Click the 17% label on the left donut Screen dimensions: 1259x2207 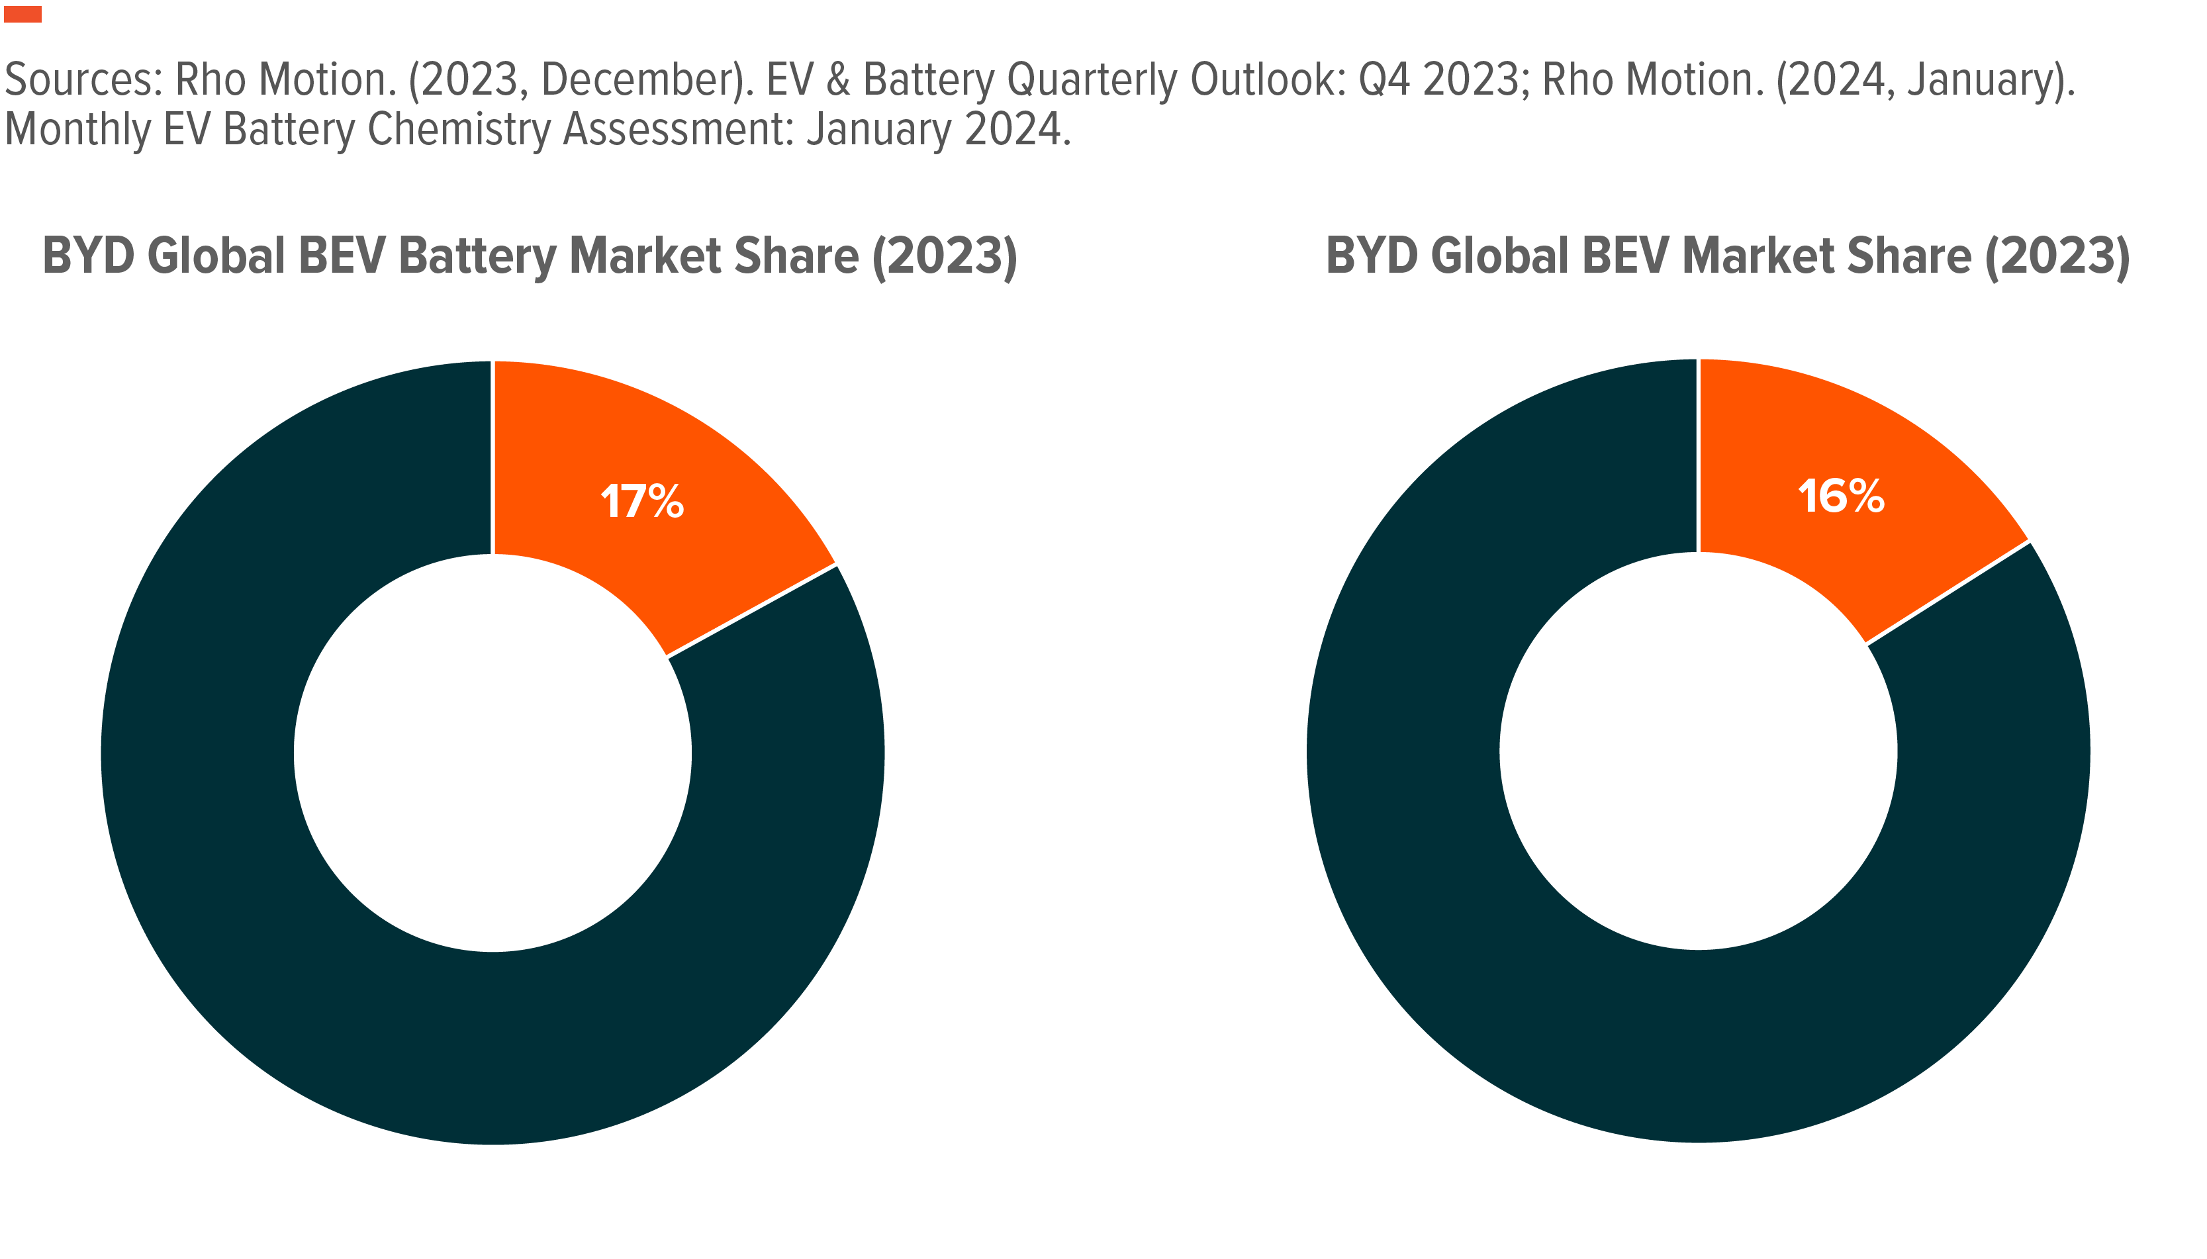[641, 502]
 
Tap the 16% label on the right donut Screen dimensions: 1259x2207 [1840, 496]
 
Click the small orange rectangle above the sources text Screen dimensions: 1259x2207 [23, 14]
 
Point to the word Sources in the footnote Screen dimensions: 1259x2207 [83, 79]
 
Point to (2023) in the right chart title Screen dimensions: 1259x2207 [2057, 257]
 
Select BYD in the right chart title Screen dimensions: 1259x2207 [1372, 257]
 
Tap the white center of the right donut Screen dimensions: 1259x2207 [1698, 751]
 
